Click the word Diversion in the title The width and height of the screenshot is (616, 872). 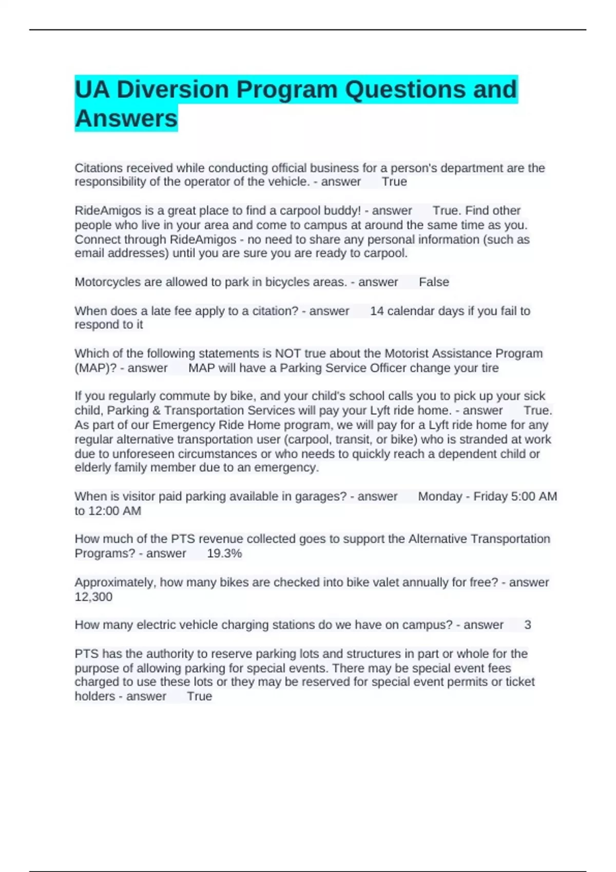coord(172,90)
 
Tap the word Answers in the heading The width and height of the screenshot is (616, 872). coord(126,118)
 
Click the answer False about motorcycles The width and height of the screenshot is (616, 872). coord(434,282)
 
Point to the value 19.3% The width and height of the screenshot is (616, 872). coord(224,553)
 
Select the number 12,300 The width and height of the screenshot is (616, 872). coord(93,597)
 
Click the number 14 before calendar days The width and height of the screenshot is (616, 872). coord(377,311)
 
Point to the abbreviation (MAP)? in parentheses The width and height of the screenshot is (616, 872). coord(95,368)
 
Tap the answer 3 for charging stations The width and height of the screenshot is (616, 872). coord(528,625)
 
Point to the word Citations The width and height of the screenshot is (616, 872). coord(99,168)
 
